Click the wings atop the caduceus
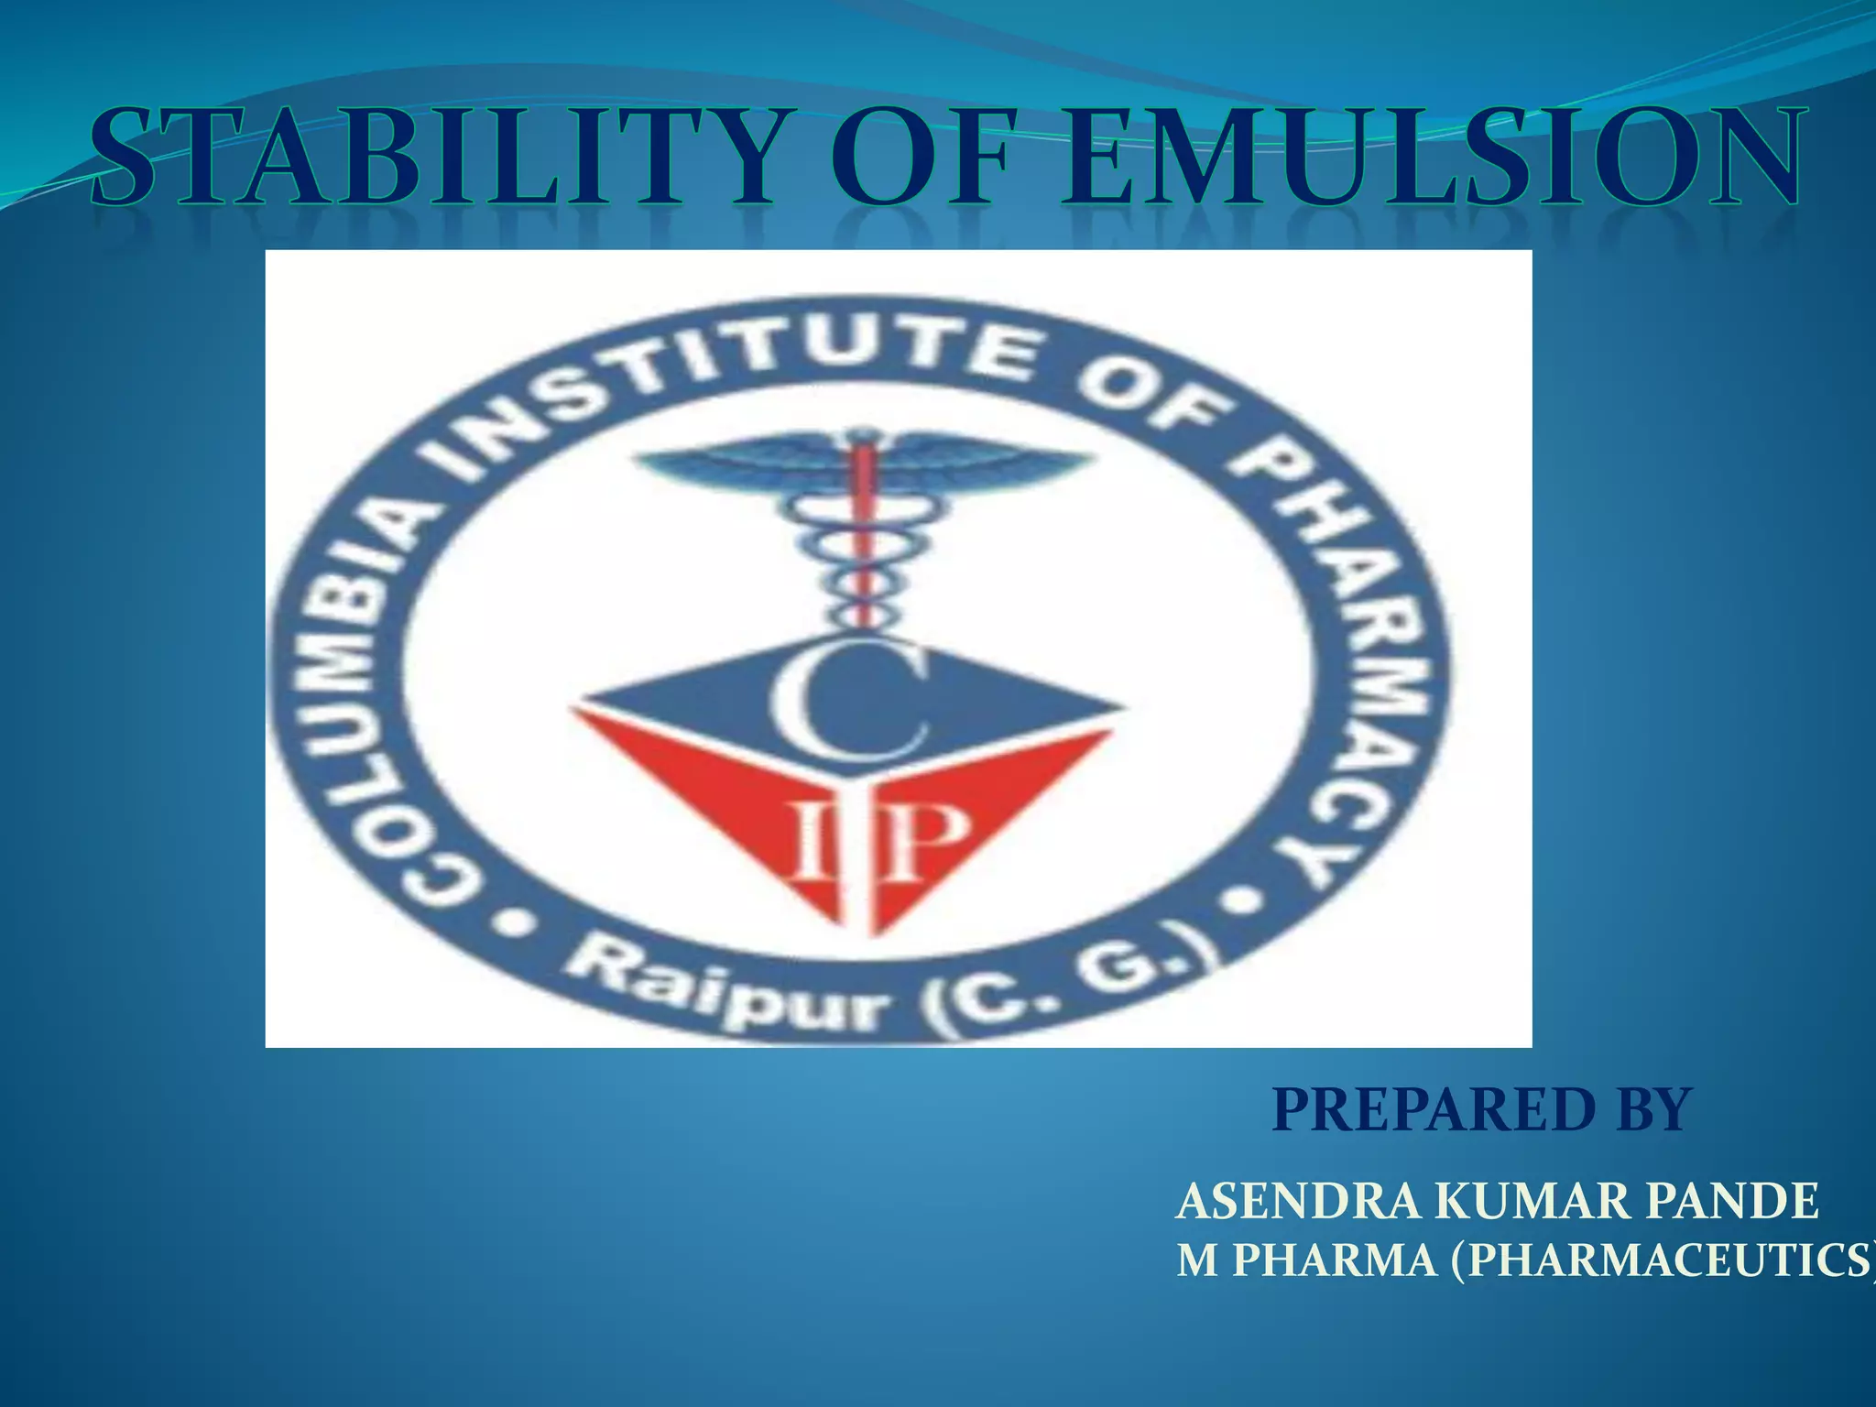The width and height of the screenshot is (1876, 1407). [x=861, y=463]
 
